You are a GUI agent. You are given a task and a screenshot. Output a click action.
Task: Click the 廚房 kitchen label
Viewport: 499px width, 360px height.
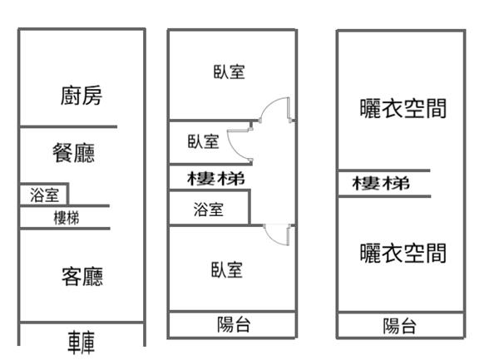tap(82, 96)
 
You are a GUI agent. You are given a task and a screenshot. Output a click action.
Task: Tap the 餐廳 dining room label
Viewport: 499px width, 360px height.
tap(73, 153)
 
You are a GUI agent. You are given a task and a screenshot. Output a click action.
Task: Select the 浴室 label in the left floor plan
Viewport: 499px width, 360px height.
tap(44, 195)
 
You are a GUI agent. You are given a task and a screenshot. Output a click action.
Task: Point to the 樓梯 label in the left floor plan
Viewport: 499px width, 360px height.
tap(67, 218)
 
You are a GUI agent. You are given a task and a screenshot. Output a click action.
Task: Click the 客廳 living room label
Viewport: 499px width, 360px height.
tap(82, 276)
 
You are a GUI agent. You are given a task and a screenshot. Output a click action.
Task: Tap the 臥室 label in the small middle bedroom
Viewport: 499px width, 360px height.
tap(203, 142)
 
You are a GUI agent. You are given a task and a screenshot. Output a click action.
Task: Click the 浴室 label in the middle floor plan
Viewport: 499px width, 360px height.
tap(208, 210)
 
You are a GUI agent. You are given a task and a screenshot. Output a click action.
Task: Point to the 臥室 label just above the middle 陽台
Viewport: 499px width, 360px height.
tap(226, 269)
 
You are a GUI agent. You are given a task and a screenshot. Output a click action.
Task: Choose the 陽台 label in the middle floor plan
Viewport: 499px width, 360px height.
tap(233, 325)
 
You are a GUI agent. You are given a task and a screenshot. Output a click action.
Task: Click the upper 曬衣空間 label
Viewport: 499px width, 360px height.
tap(403, 108)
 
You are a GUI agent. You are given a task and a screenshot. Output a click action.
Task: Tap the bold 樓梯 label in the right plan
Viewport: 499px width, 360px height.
tap(382, 184)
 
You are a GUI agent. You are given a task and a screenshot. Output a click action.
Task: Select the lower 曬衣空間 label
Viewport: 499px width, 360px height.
tap(403, 253)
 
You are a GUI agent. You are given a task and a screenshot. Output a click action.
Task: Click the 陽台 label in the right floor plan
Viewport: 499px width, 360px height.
tap(400, 326)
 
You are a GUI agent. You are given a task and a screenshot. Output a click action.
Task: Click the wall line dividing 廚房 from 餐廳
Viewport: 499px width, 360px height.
tap(67, 127)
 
